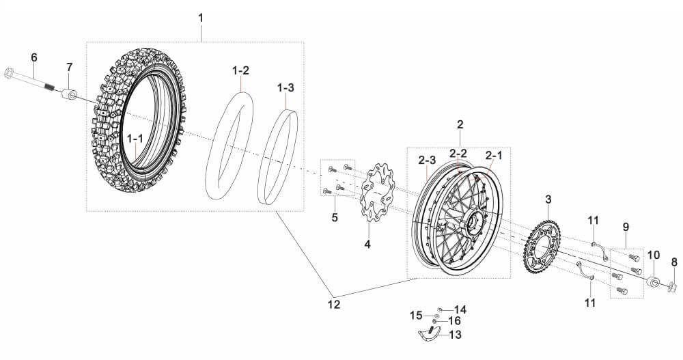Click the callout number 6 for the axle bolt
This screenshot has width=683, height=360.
coord(34,57)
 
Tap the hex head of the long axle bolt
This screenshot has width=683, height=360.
coord(10,73)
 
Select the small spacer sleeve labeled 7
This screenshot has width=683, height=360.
coord(69,94)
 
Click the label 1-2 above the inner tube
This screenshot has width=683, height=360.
coord(241,70)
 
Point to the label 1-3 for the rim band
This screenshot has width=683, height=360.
coord(285,87)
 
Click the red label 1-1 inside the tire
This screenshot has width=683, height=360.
coord(135,138)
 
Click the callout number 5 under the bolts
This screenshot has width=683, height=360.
coord(335,217)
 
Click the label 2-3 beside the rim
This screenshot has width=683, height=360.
coord(427,160)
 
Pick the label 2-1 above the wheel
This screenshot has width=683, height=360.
coord(494,154)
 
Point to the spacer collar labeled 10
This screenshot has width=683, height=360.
coord(652,281)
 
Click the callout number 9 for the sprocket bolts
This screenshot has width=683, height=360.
coord(626,227)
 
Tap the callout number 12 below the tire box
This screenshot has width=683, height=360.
coord(334,305)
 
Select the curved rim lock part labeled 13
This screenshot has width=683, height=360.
coord(427,335)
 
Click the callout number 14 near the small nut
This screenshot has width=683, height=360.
coord(460,309)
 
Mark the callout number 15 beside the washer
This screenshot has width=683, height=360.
coord(417,315)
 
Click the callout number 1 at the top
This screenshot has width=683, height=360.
coord(200,18)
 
